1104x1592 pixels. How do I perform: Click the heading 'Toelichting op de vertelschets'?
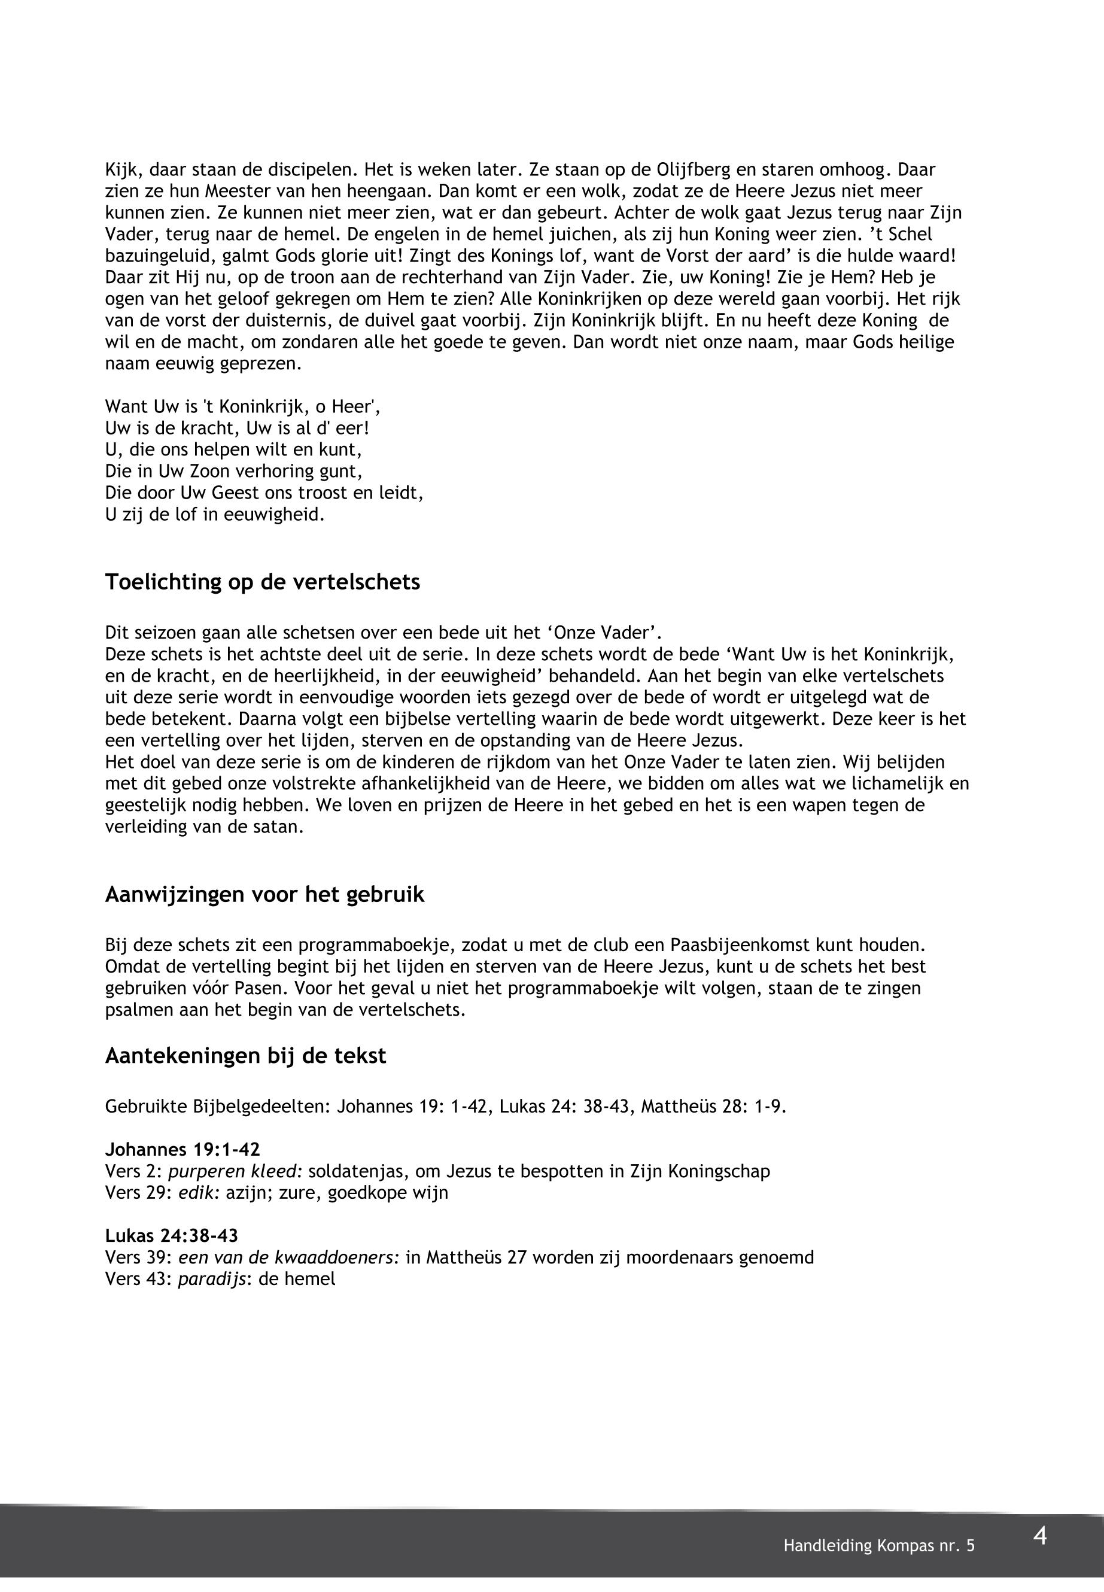point(262,582)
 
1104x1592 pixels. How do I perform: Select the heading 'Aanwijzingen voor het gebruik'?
point(264,895)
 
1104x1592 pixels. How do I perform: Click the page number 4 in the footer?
point(1039,1537)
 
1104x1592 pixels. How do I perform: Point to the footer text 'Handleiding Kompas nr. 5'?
point(878,1547)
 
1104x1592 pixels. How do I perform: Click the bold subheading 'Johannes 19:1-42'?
point(183,1150)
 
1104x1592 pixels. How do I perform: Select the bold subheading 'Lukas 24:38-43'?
point(172,1236)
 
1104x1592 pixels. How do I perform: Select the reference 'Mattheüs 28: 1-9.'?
point(714,1106)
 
